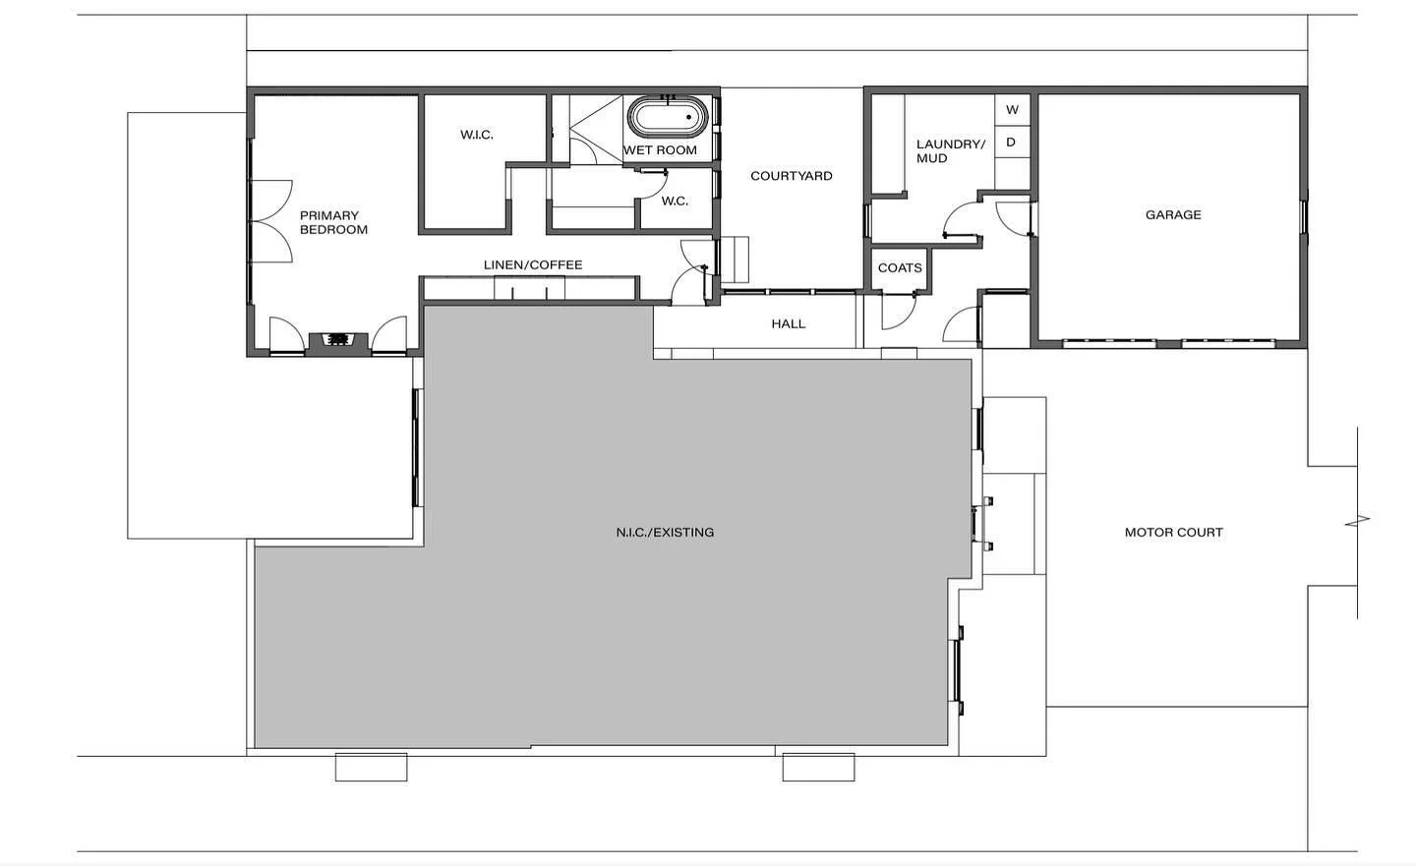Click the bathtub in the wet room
click(x=668, y=118)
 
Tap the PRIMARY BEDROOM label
click(x=333, y=222)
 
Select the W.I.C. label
click(x=477, y=135)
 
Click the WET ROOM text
click(x=660, y=150)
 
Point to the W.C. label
click(x=675, y=201)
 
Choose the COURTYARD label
click(x=791, y=176)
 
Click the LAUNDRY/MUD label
click(x=950, y=151)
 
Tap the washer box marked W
click(x=1012, y=110)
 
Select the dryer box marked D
click(x=1011, y=143)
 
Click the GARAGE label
click(x=1172, y=214)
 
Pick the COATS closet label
click(x=900, y=267)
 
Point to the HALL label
click(x=789, y=323)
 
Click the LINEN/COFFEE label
click(x=533, y=264)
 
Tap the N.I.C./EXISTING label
click(x=665, y=532)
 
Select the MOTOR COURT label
click(x=1173, y=532)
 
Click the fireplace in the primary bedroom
click(x=338, y=340)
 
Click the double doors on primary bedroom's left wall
click(x=270, y=221)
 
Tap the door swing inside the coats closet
click(x=897, y=312)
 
